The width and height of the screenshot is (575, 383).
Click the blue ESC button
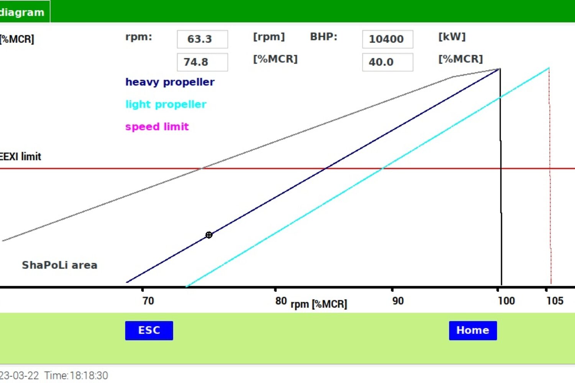149,331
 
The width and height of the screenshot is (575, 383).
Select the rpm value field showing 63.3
202,39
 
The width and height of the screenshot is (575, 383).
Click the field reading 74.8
202,62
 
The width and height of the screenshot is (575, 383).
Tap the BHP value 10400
387,39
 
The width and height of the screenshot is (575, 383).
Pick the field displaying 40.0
387,62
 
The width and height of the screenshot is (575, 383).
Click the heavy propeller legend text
170,82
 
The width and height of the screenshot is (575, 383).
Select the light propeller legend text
166,104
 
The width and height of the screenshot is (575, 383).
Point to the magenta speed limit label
157,126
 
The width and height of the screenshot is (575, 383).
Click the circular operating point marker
209,235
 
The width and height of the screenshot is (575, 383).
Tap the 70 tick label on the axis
148,301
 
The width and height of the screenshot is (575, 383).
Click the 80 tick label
281,301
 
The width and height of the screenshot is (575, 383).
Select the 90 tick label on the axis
398,301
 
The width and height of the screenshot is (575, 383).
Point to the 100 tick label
506,301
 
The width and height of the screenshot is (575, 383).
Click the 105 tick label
555,301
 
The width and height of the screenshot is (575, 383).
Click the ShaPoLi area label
59,265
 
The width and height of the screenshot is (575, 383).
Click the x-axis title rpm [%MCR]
319,304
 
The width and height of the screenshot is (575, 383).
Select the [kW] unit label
452,37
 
